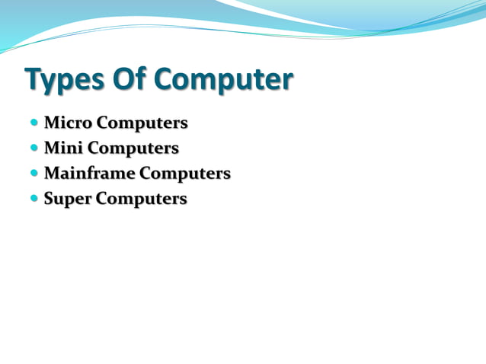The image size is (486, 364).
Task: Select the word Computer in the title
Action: click(x=225, y=80)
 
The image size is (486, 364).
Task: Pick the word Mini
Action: click(x=63, y=148)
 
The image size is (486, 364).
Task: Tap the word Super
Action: click(x=66, y=200)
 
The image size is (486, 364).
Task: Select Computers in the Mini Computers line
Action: click(x=133, y=148)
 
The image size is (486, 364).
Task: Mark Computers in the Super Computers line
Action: click(x=140, y=200)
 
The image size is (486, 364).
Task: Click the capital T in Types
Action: click(x=34, y=79)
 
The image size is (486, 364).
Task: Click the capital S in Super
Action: click(x=50, y=200)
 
